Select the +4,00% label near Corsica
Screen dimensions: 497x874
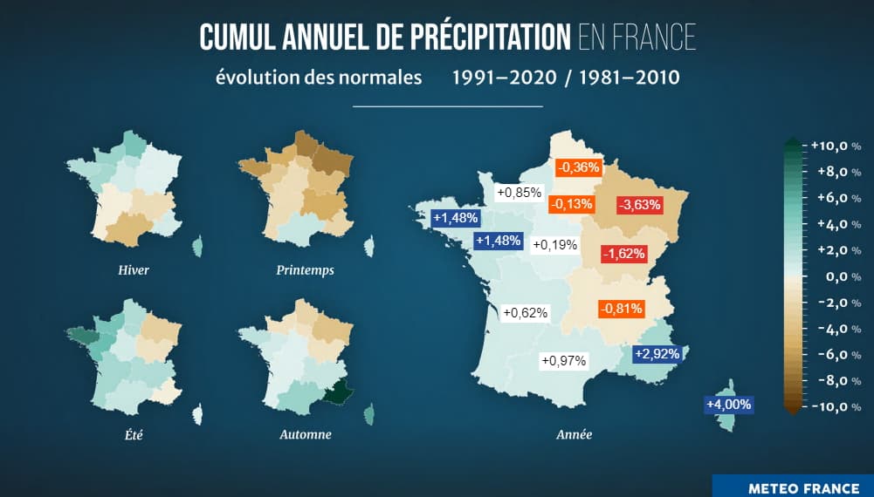pos(728,405)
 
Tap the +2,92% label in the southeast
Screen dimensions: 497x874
pos(657,354)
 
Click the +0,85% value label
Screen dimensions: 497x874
pos(520,193)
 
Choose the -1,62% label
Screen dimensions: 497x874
pos(624,255)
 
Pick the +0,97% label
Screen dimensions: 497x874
pos(563,360)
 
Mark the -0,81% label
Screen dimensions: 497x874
pos(621,309)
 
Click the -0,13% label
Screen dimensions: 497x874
pos(571,205)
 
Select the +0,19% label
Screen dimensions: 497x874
pos(554,245)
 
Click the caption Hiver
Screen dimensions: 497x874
pos(134,270)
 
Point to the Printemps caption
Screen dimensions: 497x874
pos(305,270)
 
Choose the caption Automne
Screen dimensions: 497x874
pos(305,434)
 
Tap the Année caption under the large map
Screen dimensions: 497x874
pos(574,434)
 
